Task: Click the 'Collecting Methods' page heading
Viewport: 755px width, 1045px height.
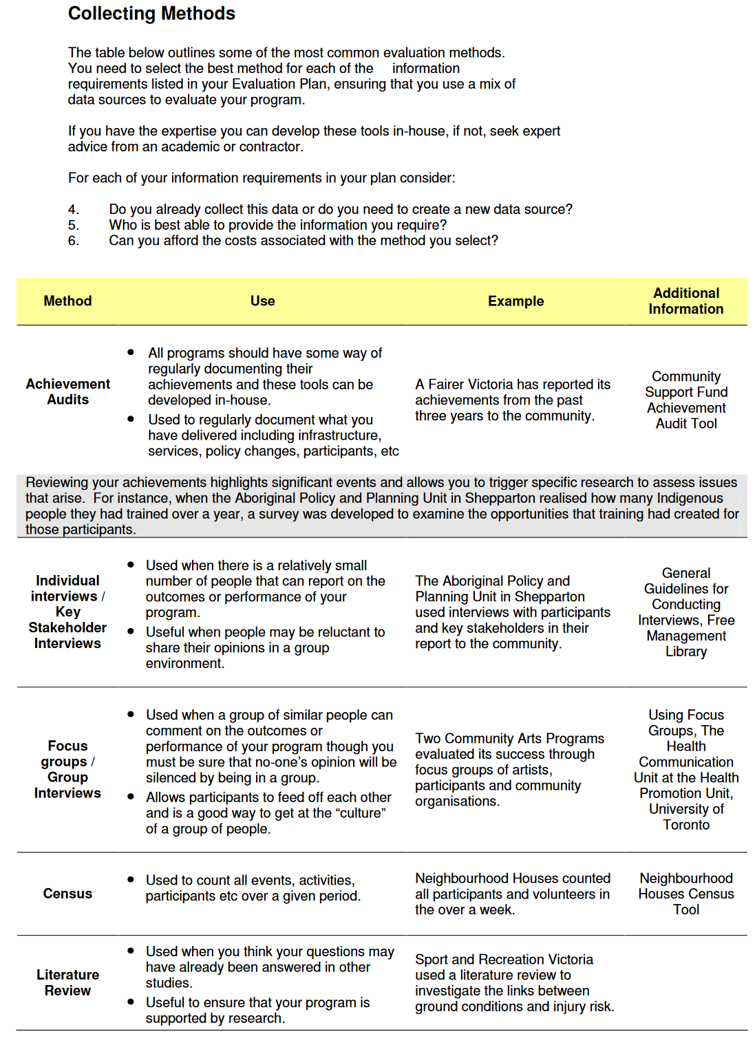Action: pos(151,14)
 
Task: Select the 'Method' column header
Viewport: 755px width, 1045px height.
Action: pos(67,301)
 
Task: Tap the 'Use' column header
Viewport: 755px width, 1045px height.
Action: pos(262,301)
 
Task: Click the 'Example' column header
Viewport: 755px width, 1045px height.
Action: pos(515,301)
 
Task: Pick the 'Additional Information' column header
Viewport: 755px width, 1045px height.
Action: pos(685,301)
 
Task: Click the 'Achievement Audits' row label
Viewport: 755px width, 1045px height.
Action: pos(67,392)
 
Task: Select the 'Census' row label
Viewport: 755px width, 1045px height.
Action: pos(67,894)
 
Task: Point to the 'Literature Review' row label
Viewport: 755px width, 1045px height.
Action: pos(67,983)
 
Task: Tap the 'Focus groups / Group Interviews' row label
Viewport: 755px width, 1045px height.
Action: pos(67,770)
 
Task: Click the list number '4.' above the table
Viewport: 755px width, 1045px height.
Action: pos(74,210)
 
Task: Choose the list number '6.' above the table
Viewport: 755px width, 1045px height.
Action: pos(74,241)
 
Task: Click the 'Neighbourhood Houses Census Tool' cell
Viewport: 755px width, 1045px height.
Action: pos(685,894)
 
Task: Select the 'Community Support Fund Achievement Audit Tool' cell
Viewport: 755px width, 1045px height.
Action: pos(685,400)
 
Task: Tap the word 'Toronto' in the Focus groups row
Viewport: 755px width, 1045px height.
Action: pos(685,825)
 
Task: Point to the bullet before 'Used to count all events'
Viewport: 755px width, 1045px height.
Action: pos(131,880)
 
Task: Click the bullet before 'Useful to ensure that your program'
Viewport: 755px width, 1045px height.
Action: pos(131,1002)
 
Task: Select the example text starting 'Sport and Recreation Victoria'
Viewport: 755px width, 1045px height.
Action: pos(513,983)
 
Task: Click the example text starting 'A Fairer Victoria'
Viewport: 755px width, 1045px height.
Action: pos(512,400)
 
